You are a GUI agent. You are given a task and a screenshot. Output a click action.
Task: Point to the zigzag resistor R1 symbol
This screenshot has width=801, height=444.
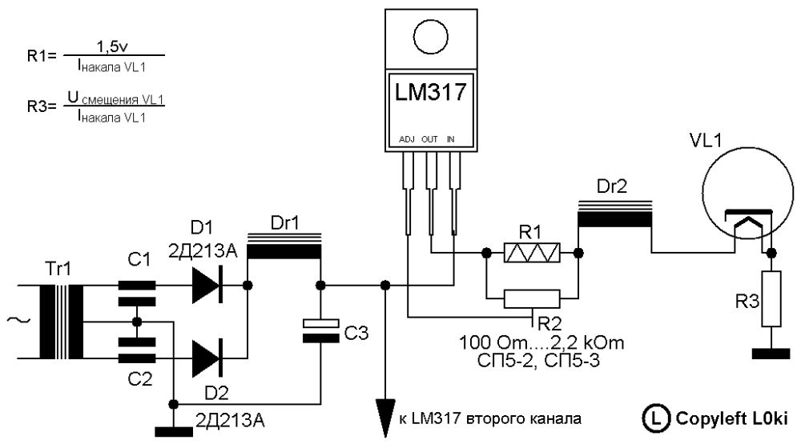click(531, 253)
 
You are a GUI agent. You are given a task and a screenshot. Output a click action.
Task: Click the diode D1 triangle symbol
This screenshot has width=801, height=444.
click(206, 286)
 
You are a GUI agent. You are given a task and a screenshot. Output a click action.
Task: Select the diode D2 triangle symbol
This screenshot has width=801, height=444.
click(206, 352)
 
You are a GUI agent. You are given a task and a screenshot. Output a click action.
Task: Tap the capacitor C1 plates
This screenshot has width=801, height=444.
click(136, 291)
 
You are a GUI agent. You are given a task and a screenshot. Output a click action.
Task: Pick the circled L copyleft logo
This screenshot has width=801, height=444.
click(654, 418)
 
